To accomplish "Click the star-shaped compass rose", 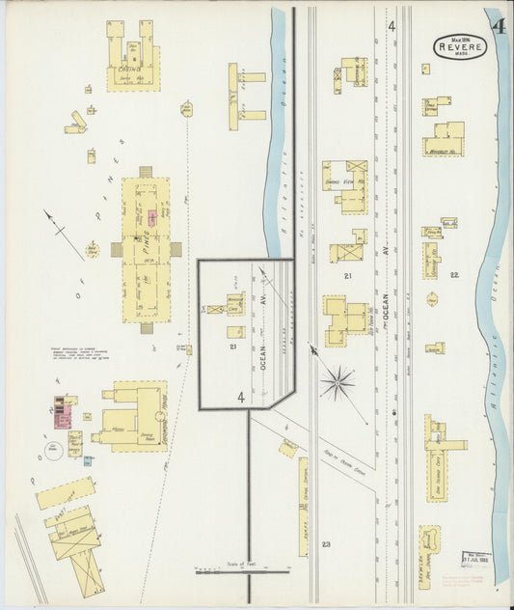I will (338, 383).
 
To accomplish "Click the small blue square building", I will (88, 461).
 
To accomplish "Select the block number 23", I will (326, 545).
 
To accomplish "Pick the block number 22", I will (453, 276).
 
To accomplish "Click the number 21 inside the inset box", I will (233, 345).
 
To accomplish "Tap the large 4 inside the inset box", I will (241, 397).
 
